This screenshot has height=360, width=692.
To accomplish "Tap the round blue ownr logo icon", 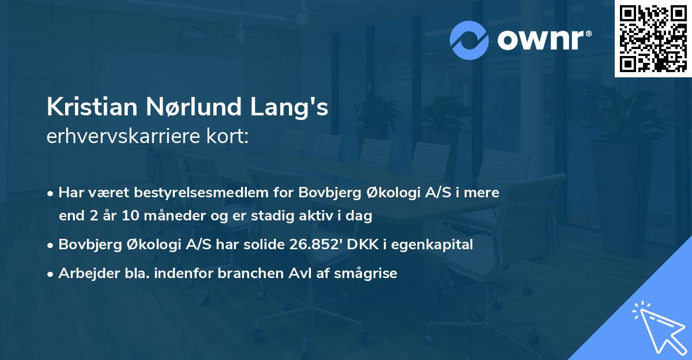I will tap(469, 40).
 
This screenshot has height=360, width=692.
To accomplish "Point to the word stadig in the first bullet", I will tap(274, 216).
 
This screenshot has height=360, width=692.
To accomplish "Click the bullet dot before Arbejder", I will tap(51, 274).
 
